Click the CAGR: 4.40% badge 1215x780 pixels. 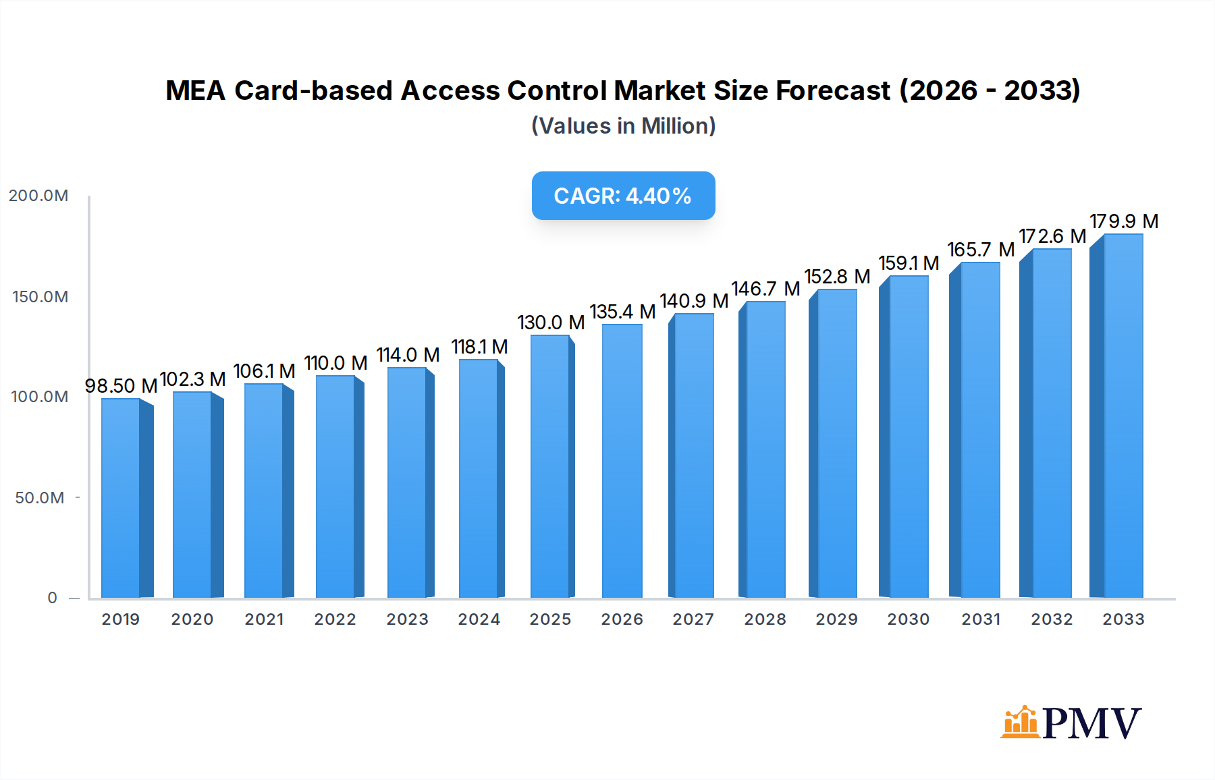pos(623,196)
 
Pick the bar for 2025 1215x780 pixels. pos(550,466)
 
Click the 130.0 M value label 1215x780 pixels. pos(551,323)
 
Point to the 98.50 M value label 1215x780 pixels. pos(121,386)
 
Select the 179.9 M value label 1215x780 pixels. pos(1124,221)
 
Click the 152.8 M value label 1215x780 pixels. pos(837,277)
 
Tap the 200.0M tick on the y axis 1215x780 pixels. pos(38,196)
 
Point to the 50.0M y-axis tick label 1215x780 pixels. pos(40,498)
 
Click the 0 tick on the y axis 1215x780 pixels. pos(53,598)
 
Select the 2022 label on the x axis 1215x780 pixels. pos(335,619)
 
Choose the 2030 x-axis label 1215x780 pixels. pos(908,619)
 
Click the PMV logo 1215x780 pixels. pos(1071,723)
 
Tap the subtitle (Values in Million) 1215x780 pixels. pos(623,126)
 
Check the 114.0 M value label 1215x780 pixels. pos(408,355)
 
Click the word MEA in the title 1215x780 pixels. pos(195,90)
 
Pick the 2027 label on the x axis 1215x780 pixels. pos(693,619)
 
